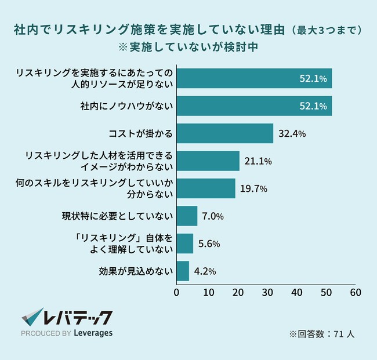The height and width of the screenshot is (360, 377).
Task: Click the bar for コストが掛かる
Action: pyautogui.click(x=224, y=133)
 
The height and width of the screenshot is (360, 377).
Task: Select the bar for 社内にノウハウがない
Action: pyautogui.click(x=254, y=106)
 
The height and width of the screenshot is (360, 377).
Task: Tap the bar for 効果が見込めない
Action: pyautogui.click(x=183, y=271)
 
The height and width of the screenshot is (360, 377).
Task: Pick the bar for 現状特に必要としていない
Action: pyautogui.click(x=187, y=216)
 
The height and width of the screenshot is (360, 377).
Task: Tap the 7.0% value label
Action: pyautogui.click(x=212, y=216)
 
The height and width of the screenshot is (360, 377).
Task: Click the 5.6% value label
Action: pyautogui.click(x=209, y=243)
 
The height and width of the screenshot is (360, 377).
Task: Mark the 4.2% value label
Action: pyautogui.click(x=205, y=271)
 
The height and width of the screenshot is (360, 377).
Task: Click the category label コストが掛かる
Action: pyautogui.click(x=141, y=134)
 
